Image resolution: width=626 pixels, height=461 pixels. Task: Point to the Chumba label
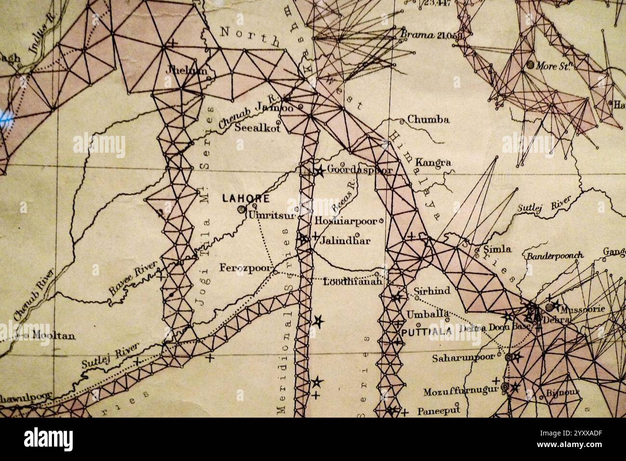pos(428,119)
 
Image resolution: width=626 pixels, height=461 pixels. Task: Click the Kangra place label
pos(433,162)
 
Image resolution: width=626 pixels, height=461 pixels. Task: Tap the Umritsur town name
pos(271,215)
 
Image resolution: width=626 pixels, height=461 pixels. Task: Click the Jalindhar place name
pos(345,240)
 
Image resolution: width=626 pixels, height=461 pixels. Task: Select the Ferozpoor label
pos(246,268)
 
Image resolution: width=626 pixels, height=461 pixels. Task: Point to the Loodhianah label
pos(353,281)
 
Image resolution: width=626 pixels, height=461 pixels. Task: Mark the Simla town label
pos(497,250)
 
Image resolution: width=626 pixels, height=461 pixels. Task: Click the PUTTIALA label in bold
pos(426,331)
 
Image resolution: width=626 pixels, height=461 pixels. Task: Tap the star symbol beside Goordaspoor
pos(319,170)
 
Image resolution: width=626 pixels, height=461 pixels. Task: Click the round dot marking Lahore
pos(241,209)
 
